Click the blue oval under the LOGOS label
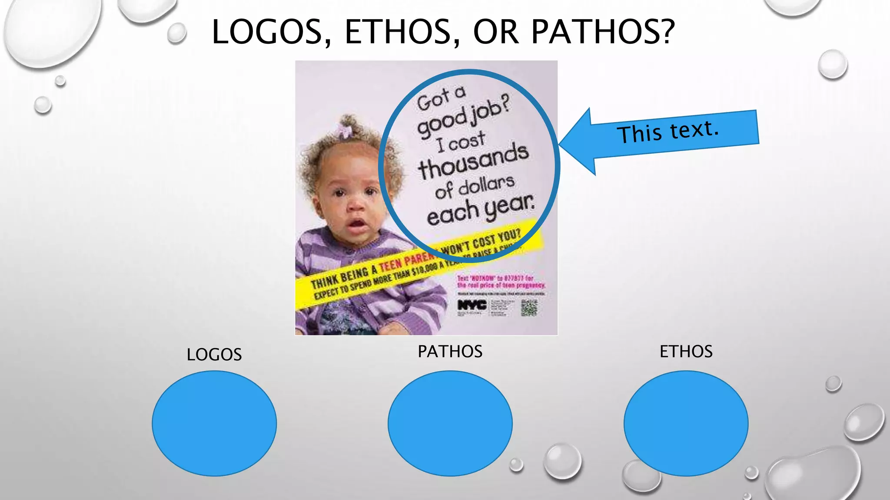tap(214, 423)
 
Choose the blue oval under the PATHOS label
tap(450, 423)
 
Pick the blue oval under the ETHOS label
tap(686, 423)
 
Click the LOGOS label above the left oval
tap(214, 355)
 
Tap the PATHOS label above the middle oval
tap(450, 352)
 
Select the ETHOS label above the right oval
tap(686, 352)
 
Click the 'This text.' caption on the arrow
tap(668, 131)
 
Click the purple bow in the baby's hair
tap(345, 130)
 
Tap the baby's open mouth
tap(357, 224)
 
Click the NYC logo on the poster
tap(472, 305)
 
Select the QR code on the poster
tap(529, 307)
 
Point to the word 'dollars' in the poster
tap(486, 185)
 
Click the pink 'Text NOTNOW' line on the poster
tap(495, 278)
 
